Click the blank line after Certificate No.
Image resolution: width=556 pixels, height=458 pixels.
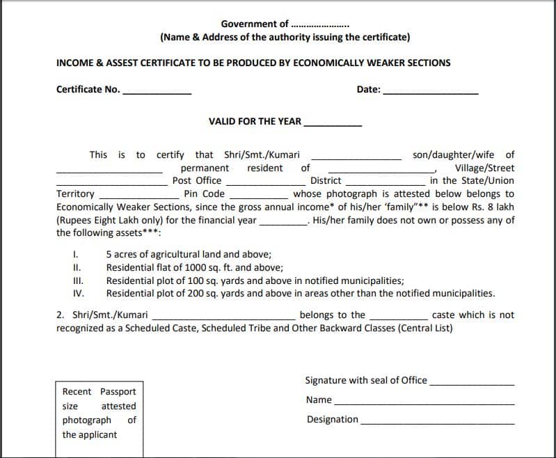pyautogui.click(x=157, y=93)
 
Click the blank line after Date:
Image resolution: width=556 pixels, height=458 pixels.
pyautogui.click(x=431, y=93)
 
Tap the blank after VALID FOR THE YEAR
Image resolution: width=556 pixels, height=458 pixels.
pyautogui.click(x=333, y=125)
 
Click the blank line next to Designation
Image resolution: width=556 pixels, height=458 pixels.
pyautogui.click(x=438, y=423)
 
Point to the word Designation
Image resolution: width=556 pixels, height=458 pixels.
pyautogui.click(x=332, y=419)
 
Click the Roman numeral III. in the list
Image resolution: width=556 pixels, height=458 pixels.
pyautogui.click(x=78, y=281)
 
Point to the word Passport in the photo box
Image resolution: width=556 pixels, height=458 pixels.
pyautogui.click(x=118, y=391)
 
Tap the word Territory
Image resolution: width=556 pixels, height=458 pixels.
pyautogui.click(x=75, y=194)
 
